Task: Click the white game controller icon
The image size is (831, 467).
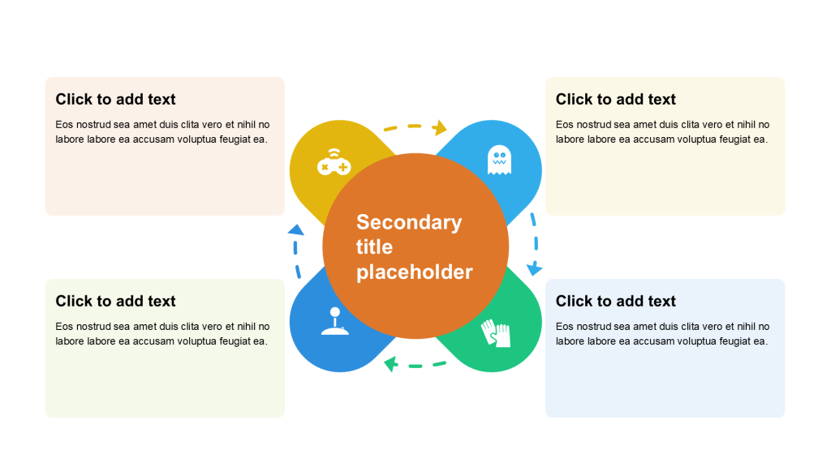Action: click(333, 162)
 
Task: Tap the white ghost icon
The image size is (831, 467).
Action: click(499, 160)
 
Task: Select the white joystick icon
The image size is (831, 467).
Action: click(335, 321)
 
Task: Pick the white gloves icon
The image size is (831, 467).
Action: click(496, 332)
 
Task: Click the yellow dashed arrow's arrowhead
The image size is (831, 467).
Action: click(441, 127)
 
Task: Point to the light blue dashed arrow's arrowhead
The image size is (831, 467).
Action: click(534, 268)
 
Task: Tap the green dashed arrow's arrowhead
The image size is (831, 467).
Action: click(391, 364)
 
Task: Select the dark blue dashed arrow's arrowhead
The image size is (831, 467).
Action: click(295, 230)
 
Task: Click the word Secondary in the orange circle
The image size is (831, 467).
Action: click(409, 222)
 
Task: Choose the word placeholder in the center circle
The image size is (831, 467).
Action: click(414, 272)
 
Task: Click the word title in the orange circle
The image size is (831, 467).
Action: click(374, 246)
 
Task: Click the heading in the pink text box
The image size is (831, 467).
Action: click(115, 99)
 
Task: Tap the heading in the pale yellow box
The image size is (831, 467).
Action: click(615, 99)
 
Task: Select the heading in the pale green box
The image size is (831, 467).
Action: click(115, 301)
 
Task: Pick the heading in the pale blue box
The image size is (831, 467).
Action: click(615, 301)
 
